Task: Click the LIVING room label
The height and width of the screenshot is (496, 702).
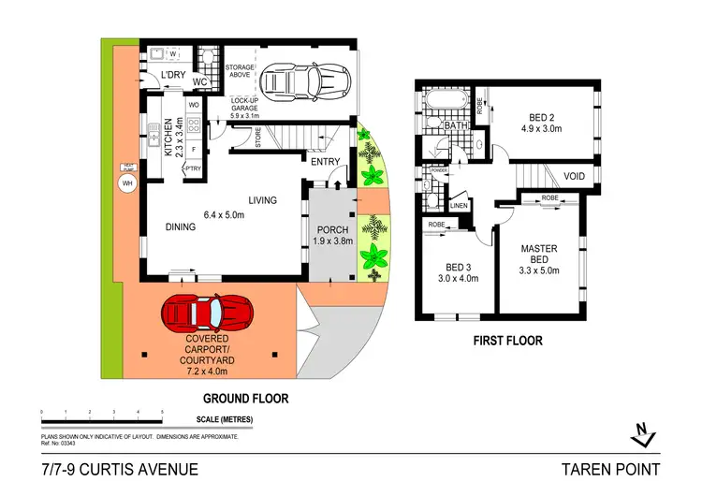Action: coord(267,200)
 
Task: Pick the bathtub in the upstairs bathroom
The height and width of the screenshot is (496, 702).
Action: coord(436,101)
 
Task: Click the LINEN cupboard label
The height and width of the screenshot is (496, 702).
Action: coord(459,206)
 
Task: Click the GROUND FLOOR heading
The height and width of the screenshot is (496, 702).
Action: coord(247,397)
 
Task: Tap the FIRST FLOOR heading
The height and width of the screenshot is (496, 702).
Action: coord(506,341)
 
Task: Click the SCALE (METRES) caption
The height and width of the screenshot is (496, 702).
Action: coord(223,419)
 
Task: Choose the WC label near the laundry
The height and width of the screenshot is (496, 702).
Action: coord(199,81)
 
